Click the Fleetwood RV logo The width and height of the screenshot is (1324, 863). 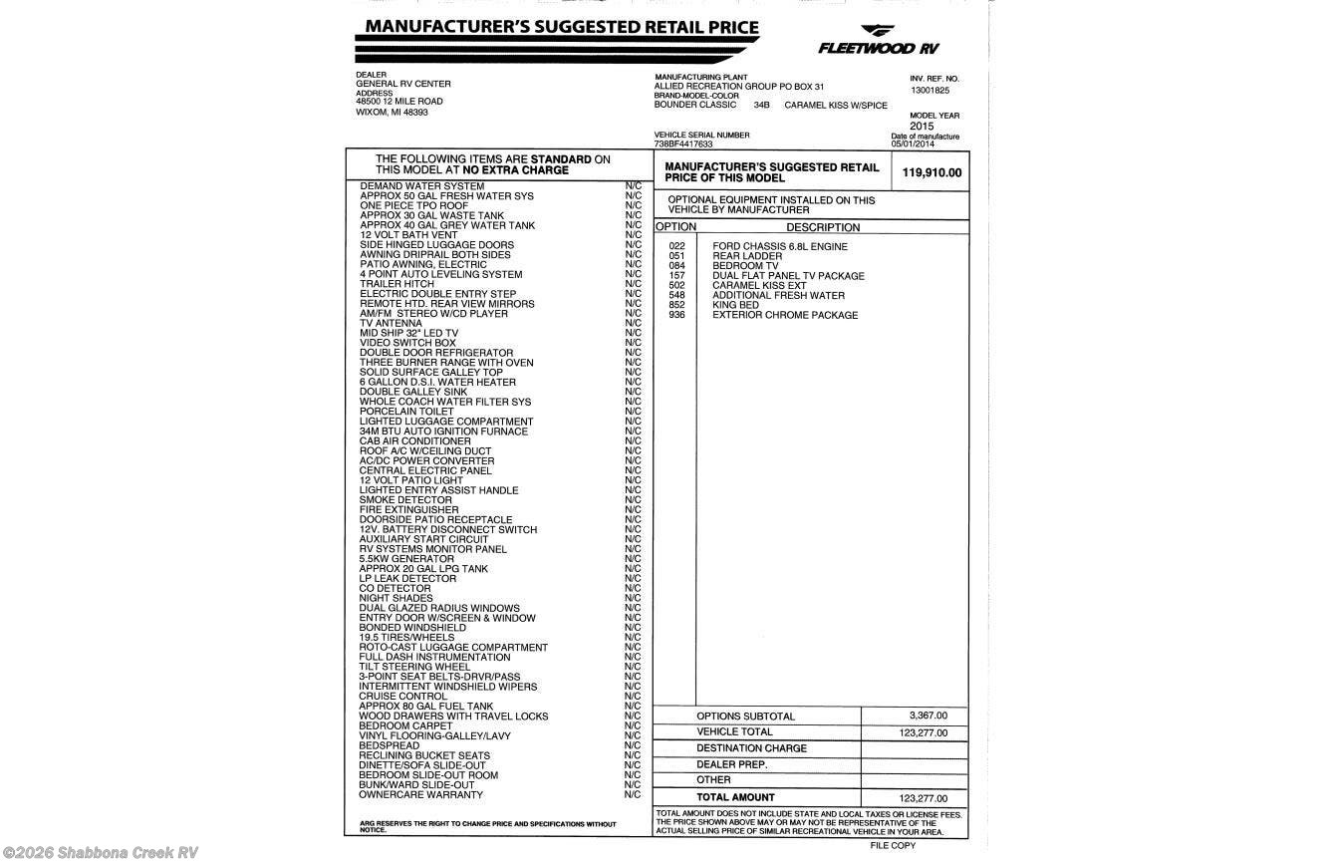click(x=878, y=41)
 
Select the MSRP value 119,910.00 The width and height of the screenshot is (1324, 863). click(x=931, y=172)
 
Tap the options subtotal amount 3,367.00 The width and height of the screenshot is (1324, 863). click(x=927, y=716)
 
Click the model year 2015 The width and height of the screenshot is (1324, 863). click(x=922, y=127)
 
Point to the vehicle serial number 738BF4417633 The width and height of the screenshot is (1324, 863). click(x=683, y=144)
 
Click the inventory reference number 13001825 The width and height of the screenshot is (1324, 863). click(x=929, y=90)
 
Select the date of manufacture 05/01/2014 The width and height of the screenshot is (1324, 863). click(x=913, y=144)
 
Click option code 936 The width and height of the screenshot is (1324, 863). click(x=677, y=315)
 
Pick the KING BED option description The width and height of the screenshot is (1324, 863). click(x=735, y=305)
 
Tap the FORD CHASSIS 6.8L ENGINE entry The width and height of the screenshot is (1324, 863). click(x=780, y=246)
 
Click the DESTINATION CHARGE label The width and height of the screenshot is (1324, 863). click(x=751, y=748)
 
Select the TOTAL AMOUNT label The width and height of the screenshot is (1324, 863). click(x=735, y=797)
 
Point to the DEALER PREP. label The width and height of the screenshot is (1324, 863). click(x=731, y=764)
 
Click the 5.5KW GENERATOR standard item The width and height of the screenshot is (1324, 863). click(x=406, y=559)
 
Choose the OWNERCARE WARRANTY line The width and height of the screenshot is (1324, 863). click(x=420, y=795)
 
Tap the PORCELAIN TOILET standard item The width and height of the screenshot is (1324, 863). click(x=406, y=412)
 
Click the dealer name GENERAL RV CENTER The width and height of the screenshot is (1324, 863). click(x=403, y=84)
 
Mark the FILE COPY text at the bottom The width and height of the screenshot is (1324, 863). click(x=893, y=845)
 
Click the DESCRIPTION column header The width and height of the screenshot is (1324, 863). click(x=823, y=227)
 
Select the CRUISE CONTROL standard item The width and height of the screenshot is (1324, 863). click(x=402, y=697)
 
